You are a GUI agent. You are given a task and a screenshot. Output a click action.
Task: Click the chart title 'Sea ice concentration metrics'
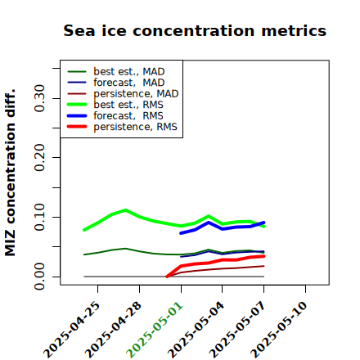click(x=195, y=30)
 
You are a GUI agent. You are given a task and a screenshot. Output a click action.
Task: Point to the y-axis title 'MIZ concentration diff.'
click(x=10, y=173)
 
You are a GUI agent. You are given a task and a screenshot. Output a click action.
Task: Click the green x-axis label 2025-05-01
click(x=155, y=329)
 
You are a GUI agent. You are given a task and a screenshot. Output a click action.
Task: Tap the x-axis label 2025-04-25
click(x=72, y=329)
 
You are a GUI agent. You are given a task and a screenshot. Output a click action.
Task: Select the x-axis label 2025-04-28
click(x=114, y=329)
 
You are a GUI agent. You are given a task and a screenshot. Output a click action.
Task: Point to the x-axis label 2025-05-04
click(x=196, y=329)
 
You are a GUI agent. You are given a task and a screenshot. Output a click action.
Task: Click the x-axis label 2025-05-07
click(x=238, y=329)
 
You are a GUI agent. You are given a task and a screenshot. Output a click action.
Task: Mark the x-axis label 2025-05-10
click(x=279, y=329)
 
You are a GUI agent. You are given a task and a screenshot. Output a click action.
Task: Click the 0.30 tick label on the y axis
click(x=39, y=98)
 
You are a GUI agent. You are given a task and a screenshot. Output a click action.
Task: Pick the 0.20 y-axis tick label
click(x=39, y=158)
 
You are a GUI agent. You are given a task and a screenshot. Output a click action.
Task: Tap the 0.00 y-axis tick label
click(x=39, y=277)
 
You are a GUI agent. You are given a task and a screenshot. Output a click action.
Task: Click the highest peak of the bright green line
click(x=125, y=210)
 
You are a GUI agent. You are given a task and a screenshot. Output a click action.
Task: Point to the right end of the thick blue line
click(x=263, y=223)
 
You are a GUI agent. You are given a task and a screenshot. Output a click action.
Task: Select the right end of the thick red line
click(x=263, y=256)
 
